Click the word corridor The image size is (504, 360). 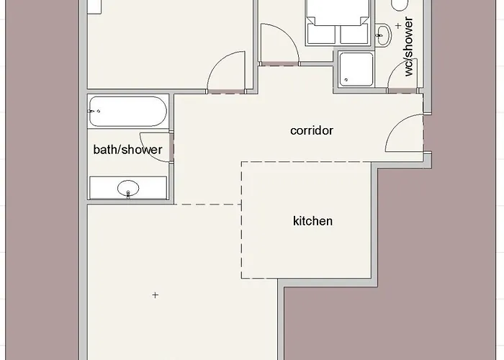312,130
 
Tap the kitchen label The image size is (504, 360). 312,221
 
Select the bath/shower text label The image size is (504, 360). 127,150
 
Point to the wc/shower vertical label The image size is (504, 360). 408,47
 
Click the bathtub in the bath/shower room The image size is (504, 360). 128,111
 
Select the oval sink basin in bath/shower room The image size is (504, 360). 128,188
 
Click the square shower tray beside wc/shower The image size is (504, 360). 356,69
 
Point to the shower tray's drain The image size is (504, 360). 346,80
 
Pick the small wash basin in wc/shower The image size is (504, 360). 383,35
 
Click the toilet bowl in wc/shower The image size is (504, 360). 400,4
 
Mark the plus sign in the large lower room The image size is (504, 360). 156,295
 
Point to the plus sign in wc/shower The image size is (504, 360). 398,26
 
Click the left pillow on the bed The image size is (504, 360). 321,34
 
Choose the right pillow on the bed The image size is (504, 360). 354,34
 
